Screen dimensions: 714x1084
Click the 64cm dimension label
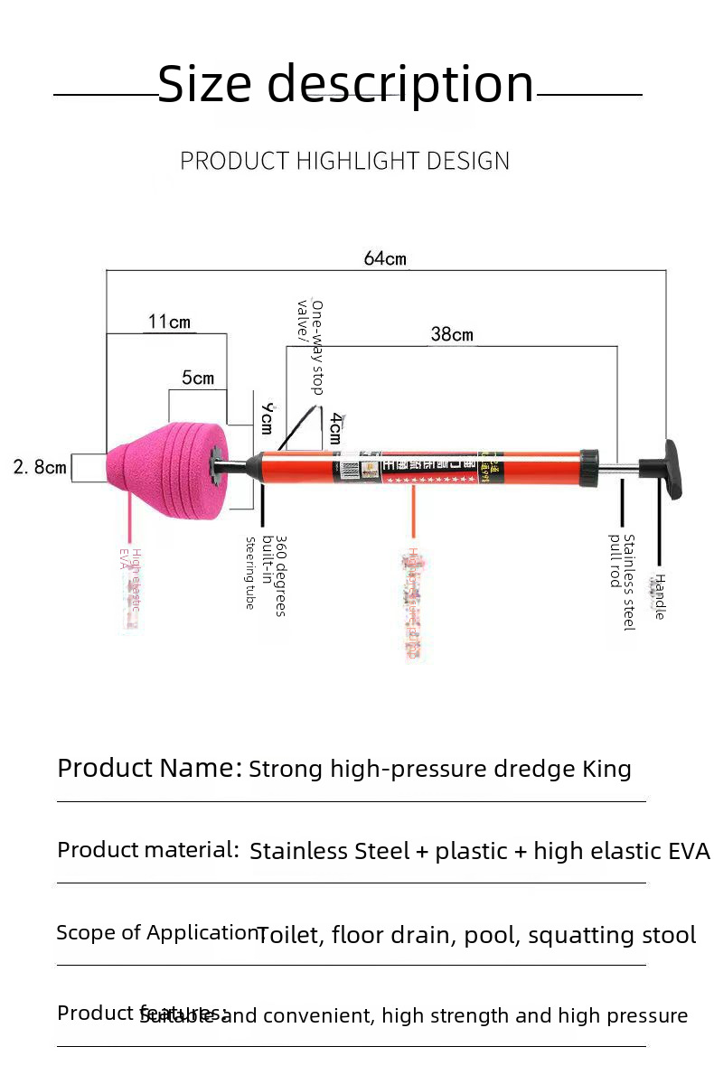click(385, 259)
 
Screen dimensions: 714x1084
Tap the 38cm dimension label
click(452, 334)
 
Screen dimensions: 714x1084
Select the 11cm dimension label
click(169, 322)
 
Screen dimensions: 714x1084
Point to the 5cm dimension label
click(198, 378)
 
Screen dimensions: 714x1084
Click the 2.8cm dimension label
click(40, 467)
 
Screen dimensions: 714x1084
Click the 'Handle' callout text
click(660, 596)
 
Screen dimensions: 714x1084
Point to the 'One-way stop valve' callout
click(310, 346)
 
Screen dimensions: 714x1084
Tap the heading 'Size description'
click(346, 84)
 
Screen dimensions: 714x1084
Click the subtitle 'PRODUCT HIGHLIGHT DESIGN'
click(344, 161)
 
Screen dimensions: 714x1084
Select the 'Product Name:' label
click(150, 768)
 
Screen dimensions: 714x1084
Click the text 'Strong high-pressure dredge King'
click(439, 770)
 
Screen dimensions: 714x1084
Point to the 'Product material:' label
click(148, 850)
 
